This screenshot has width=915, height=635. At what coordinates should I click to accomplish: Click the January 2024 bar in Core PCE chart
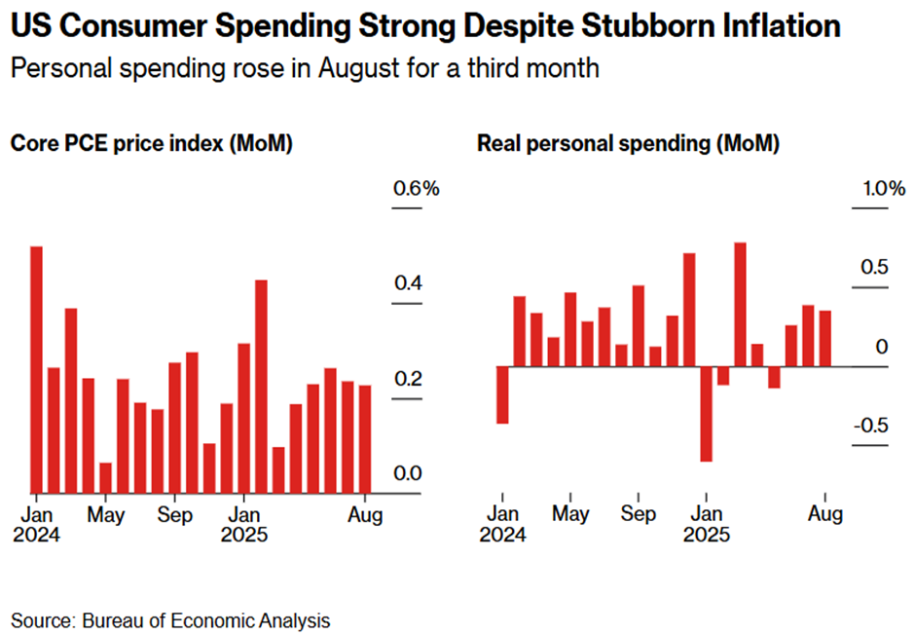(x=36, y=369)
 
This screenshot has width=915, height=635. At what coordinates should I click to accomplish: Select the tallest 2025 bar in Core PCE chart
(x=261, y=387)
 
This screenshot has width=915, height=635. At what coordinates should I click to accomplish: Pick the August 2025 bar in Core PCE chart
(x=364, y=438)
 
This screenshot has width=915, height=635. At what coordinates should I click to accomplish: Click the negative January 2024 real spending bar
(x=502, y=394)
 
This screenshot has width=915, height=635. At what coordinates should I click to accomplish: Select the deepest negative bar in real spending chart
(x=706, y=414)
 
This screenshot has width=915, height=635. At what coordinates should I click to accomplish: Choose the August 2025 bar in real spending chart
(x=825, y=338)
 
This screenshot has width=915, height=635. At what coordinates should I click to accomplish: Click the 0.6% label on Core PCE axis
(x=417, y=188)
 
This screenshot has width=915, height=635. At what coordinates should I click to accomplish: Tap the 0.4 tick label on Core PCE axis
(x=408, y=283)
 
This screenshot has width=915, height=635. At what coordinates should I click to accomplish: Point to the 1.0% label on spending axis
(x=881, y=188)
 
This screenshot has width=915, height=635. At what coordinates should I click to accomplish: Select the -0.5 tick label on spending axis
(x=871, y=426)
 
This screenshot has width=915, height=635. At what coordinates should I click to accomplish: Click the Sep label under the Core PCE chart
(x=175, y=514)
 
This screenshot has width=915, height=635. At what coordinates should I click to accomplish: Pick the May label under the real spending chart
(x=570, y=514)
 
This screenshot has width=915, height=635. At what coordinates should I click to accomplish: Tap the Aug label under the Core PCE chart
(x=366, y=514)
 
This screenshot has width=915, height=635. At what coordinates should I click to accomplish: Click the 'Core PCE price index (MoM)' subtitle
(x=152, y=143)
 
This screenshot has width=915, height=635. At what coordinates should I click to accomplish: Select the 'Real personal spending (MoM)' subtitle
(x=628, y=143)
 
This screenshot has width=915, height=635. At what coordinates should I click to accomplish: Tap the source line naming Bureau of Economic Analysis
(x=170, y=620)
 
